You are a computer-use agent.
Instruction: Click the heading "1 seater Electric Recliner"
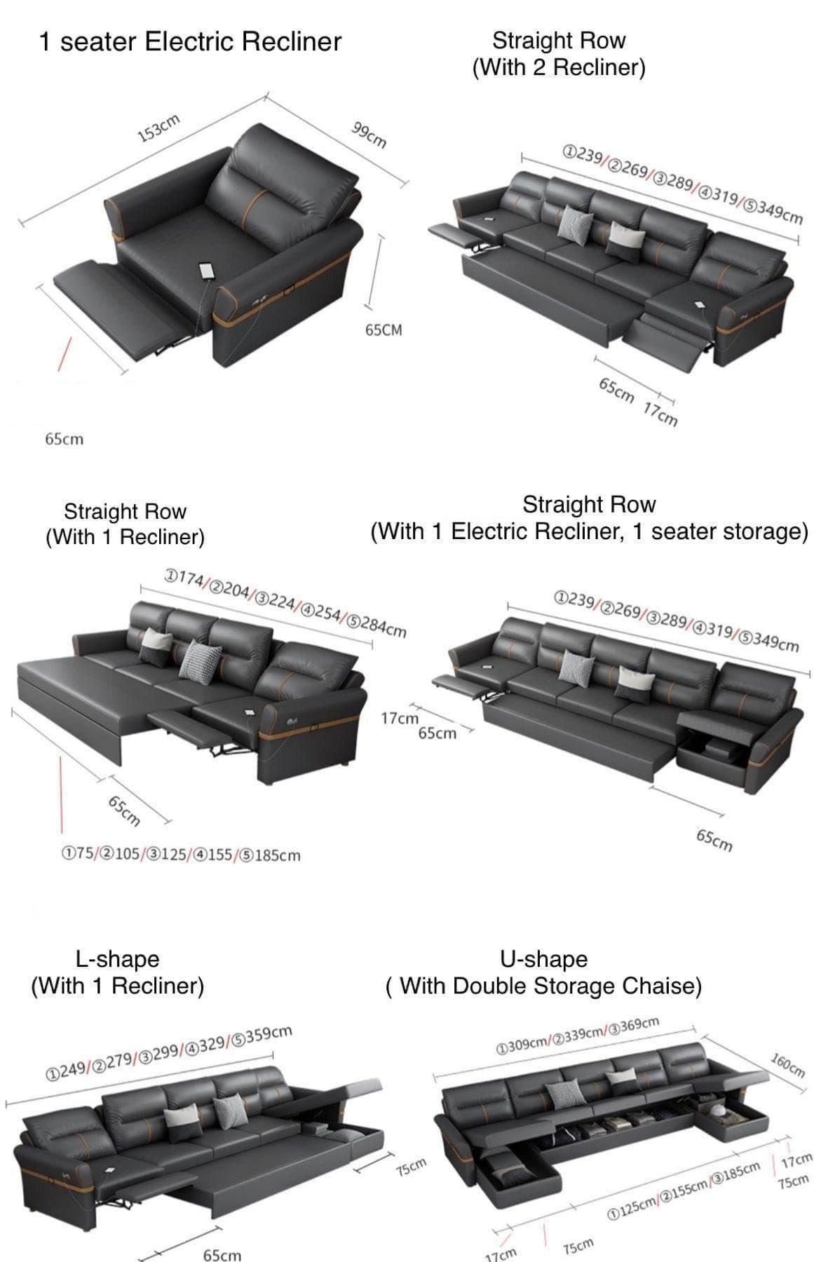pos(190,42)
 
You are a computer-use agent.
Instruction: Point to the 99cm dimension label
pos(369,134)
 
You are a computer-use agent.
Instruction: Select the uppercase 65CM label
pos(384,330)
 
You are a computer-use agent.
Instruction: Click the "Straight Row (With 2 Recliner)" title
pos(559,53)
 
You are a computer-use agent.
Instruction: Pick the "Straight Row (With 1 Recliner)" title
pos(125,524)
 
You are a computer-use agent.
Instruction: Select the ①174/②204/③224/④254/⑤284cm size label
pos(285,602)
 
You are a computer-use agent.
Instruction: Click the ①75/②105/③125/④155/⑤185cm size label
pos(181,855)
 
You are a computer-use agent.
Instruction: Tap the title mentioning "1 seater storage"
pos(589,518)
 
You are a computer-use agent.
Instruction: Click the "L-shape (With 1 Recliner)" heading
pos(118,972)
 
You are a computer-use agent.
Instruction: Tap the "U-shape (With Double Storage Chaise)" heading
pos(543,972)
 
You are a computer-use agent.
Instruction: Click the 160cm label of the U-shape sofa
pos(787,1065)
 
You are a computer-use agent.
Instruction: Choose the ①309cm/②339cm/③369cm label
pos(577,1036)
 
